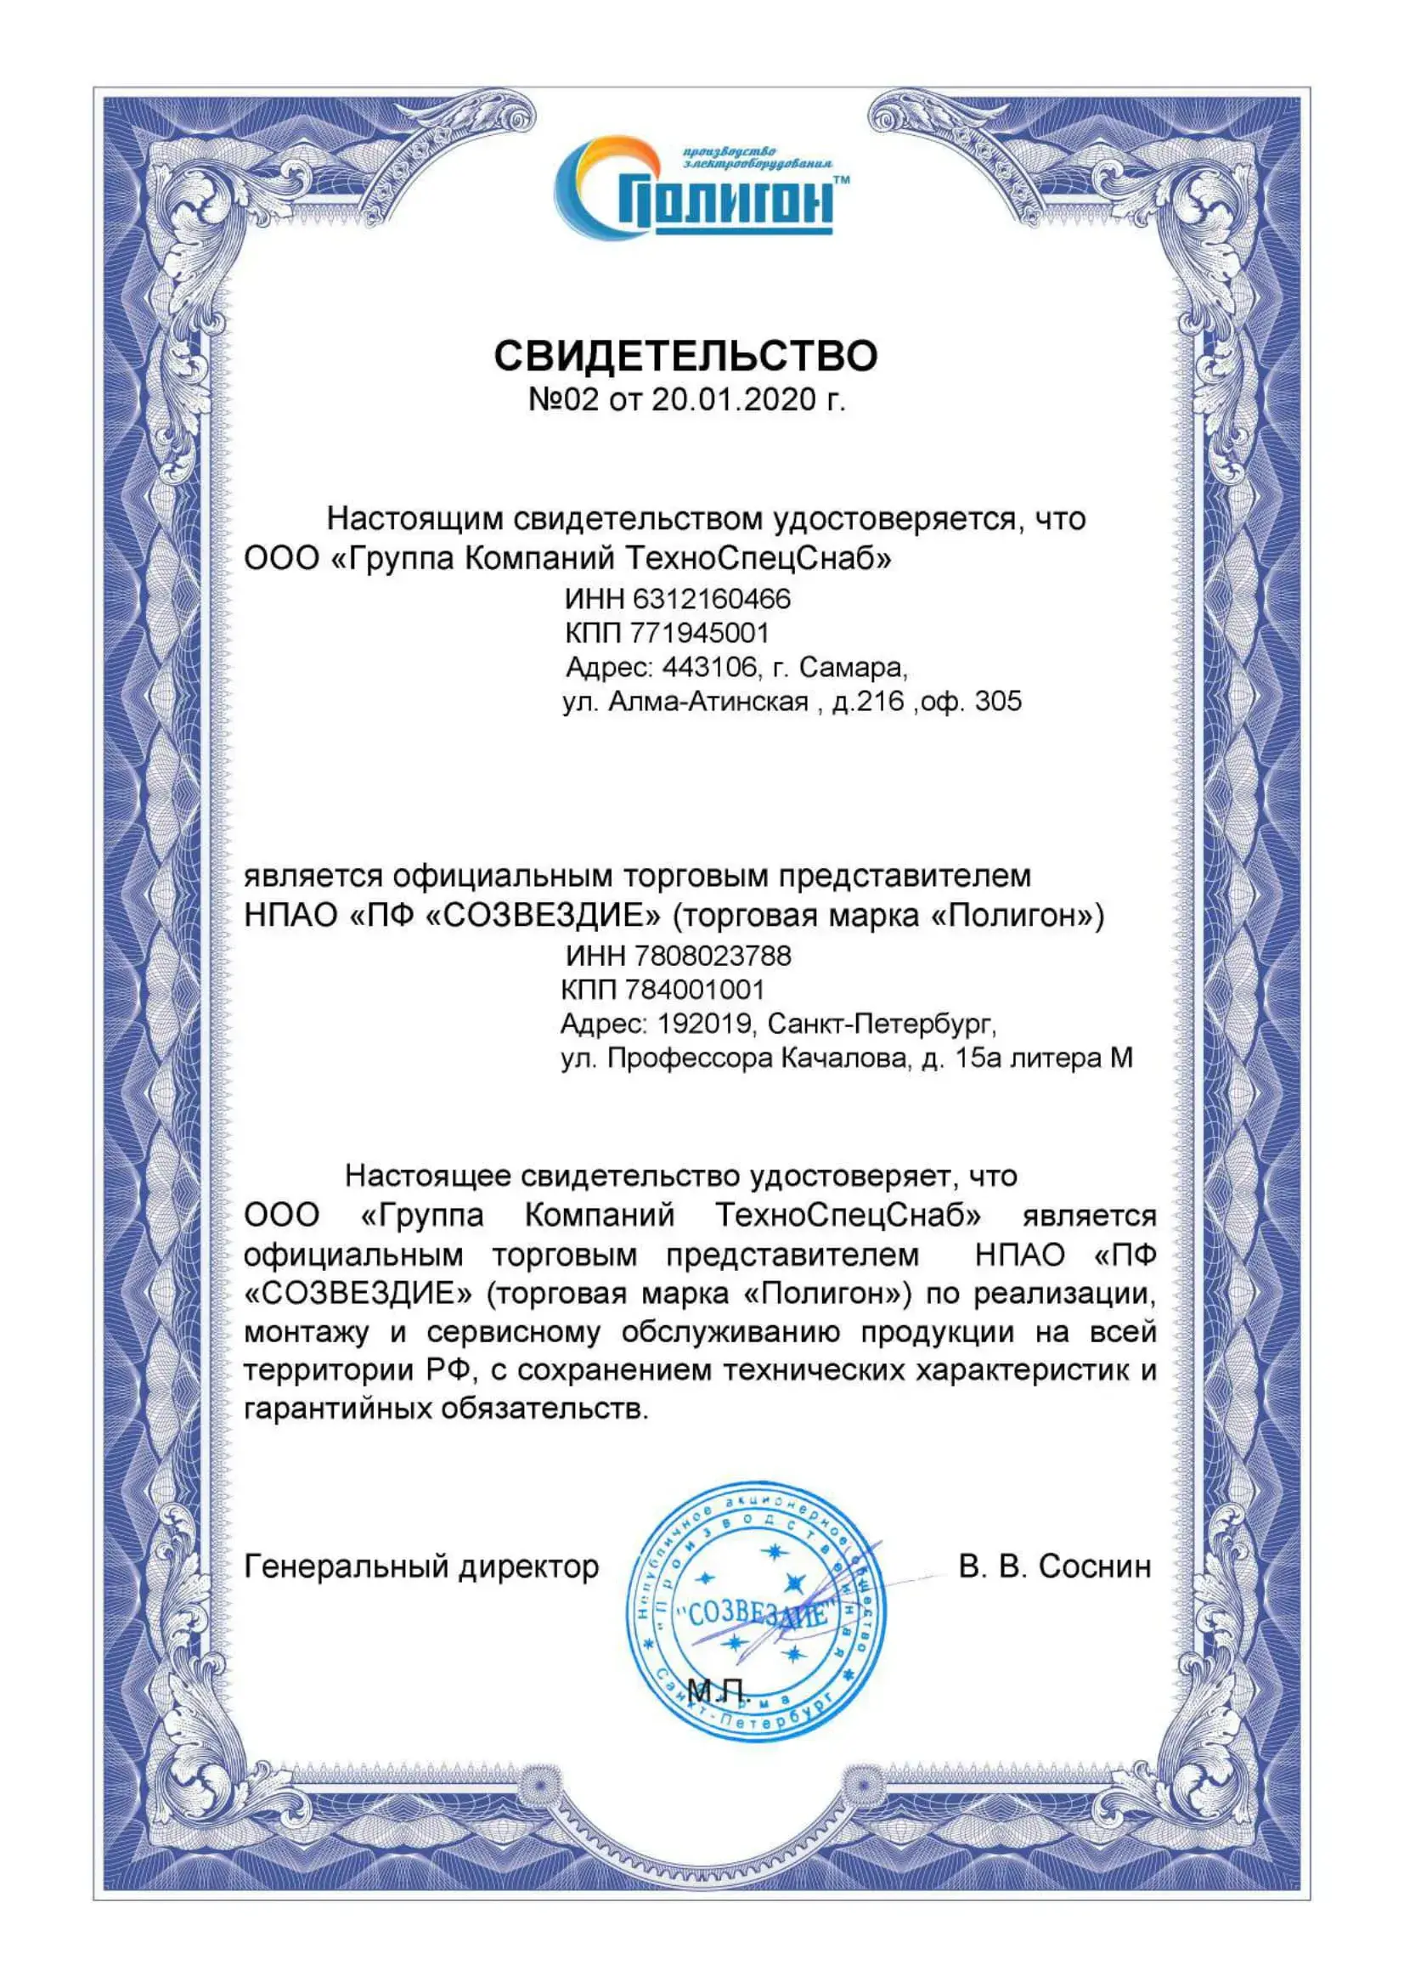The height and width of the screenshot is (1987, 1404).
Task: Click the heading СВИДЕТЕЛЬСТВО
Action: [685, 356]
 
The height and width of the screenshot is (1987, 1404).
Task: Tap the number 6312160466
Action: [712, 599]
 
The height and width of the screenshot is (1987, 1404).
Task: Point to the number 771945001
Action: [699, 634]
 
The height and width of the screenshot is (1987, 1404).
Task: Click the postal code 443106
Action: [709, 667]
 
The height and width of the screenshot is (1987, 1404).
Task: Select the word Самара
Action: [851, 667]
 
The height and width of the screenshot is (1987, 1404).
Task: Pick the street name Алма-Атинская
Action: [708, 701]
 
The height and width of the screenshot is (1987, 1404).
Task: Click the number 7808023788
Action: [713, 956]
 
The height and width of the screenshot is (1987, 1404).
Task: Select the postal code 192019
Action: [704, 1024]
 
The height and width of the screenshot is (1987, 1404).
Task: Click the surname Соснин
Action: [1094, 1566]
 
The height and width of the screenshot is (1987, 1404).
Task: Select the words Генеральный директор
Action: [421, 1566]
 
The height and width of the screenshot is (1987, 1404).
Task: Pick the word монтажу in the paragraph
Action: [307, 1332]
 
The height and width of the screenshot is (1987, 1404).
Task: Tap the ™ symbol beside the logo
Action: [840, 180]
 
